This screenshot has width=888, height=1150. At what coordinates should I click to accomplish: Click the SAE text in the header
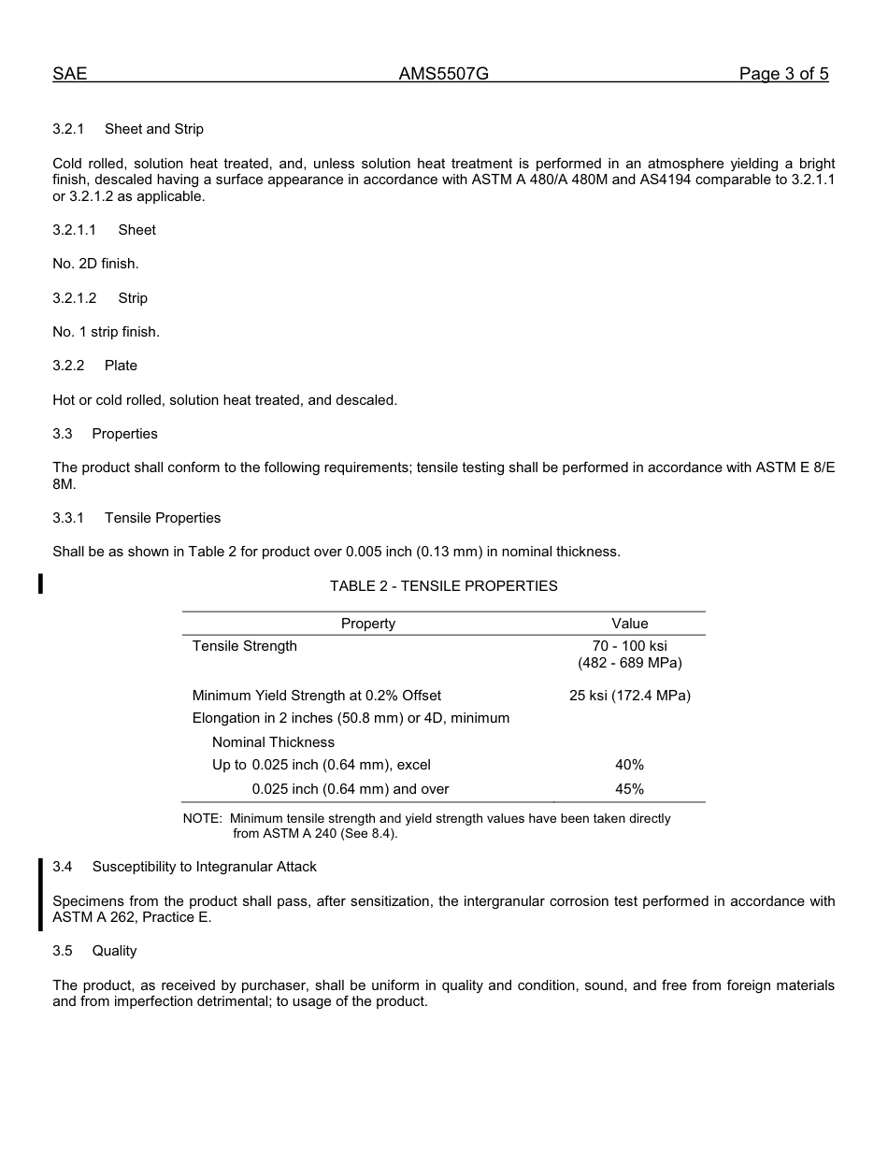(70, 75)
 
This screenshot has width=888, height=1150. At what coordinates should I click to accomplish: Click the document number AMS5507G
(444, 75)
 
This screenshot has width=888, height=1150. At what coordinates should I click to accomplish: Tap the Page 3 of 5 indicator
(783, 75)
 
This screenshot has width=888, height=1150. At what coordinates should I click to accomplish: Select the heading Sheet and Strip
(154, 129)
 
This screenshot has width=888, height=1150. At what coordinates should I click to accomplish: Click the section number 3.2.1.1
(75, 230)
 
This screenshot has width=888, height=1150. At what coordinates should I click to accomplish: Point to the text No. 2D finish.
(95, 264)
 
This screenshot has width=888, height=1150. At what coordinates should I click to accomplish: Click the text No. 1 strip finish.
(106, 332)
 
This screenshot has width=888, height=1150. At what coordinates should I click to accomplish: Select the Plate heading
(121, 366)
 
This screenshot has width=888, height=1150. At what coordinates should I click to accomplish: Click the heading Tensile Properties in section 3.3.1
(163, 518)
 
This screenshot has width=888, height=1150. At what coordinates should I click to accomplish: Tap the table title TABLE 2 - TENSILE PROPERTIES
(443, 586)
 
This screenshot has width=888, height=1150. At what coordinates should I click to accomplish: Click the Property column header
(368, 624)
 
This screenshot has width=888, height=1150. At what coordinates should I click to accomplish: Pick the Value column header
(630, 624)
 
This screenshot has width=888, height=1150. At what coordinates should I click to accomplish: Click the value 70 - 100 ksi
(630, 646)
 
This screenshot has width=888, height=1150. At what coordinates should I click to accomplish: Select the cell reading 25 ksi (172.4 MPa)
(630, 696)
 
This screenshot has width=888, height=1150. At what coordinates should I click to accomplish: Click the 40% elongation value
(630, 765)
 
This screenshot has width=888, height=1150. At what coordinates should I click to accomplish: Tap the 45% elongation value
(630, 789)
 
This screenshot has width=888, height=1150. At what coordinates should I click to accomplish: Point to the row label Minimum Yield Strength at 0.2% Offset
(317, 696)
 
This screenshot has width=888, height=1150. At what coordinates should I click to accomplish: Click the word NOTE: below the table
(202, 819)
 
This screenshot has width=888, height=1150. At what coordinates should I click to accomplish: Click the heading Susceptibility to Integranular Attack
(204, 867)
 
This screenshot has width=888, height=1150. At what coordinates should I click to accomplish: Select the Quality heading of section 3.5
(114, 951)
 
